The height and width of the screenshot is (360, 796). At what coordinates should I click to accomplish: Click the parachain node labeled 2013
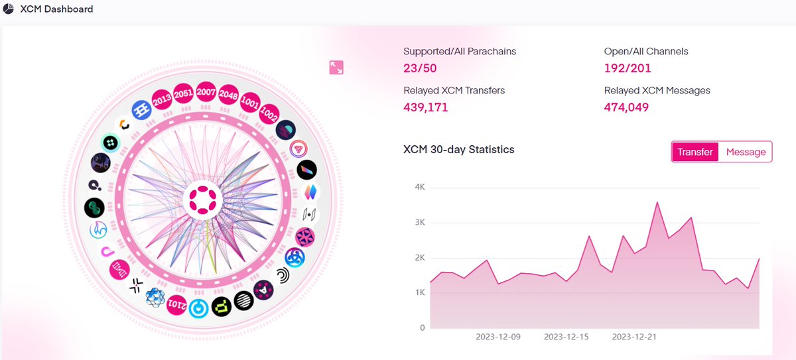pos(162,100)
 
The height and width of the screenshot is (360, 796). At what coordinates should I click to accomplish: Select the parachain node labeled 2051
pos(184,94)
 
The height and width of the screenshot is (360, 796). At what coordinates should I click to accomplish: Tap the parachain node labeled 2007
pos(206,93)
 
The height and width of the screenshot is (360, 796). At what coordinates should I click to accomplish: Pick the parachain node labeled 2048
pos(228,94)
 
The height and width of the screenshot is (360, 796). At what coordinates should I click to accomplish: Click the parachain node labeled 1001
pos(250,103)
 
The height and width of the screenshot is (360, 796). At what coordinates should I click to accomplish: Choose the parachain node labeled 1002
pos(269,113)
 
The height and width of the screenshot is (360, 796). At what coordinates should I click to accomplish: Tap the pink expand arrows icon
pos(336,68)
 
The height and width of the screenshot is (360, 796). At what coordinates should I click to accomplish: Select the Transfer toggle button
pos(695,152)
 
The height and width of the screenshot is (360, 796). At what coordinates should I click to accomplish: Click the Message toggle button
pos(746,152)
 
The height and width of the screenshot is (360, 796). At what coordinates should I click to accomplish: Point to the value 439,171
pos(426,107)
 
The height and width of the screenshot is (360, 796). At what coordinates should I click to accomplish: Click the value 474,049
pos(626,107)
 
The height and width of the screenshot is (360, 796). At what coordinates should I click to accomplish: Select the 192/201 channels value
pos(628,68)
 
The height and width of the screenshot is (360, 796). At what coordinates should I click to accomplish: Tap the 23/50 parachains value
pos(420,68)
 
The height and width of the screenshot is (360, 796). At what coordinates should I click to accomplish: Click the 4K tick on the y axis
pos(419,187)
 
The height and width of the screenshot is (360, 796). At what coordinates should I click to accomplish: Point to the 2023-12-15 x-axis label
pos(566,337)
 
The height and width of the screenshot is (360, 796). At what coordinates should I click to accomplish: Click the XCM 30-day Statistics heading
pos(458,150)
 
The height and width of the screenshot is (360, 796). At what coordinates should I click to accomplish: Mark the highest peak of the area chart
pos(657,202)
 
